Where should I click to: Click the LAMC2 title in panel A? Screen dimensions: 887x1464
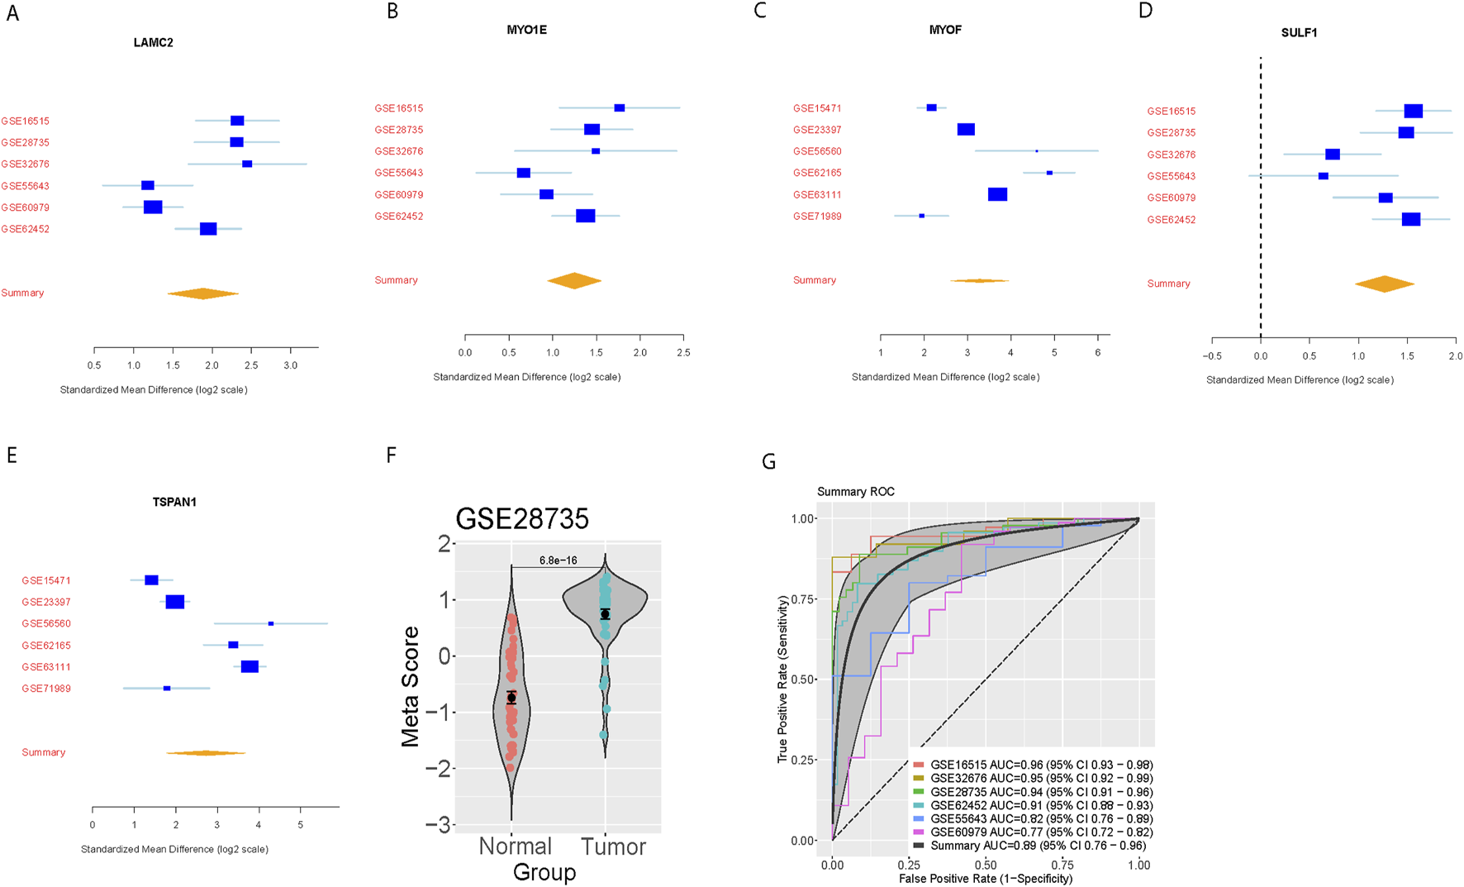coord(154,42)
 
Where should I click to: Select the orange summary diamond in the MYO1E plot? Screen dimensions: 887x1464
coord(574,281)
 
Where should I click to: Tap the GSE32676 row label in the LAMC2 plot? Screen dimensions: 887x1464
coord(26,165)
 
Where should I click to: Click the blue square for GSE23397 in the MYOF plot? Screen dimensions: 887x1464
coord(966,130)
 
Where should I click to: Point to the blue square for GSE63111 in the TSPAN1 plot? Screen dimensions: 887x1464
coord(250,666)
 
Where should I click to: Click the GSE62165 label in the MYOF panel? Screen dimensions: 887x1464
coord(817,173)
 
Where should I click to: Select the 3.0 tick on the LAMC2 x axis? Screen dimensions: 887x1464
coord(290,365)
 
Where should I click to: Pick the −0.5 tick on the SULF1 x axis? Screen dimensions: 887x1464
coord(1212,356)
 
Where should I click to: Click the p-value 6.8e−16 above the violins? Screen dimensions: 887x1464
coord(559,560)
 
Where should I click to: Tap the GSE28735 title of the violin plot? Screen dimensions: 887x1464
coord(522,519)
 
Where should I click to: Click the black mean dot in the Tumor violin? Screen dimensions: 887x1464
coord(606,614)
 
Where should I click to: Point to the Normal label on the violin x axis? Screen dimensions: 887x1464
coord(516,846)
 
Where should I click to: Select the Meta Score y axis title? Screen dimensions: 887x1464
coord(411,686)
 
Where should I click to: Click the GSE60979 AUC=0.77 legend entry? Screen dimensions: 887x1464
coord(1041,832)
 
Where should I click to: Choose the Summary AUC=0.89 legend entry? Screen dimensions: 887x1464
coord(1038,846)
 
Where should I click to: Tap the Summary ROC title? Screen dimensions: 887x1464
coord(856,492)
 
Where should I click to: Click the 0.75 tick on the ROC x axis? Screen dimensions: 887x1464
coord(1062,865)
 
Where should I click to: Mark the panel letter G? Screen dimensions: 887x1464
coord(769,461)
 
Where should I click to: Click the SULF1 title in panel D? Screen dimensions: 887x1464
coord(1299,33)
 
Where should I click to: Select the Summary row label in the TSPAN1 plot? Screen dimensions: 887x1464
coord(44,752)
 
